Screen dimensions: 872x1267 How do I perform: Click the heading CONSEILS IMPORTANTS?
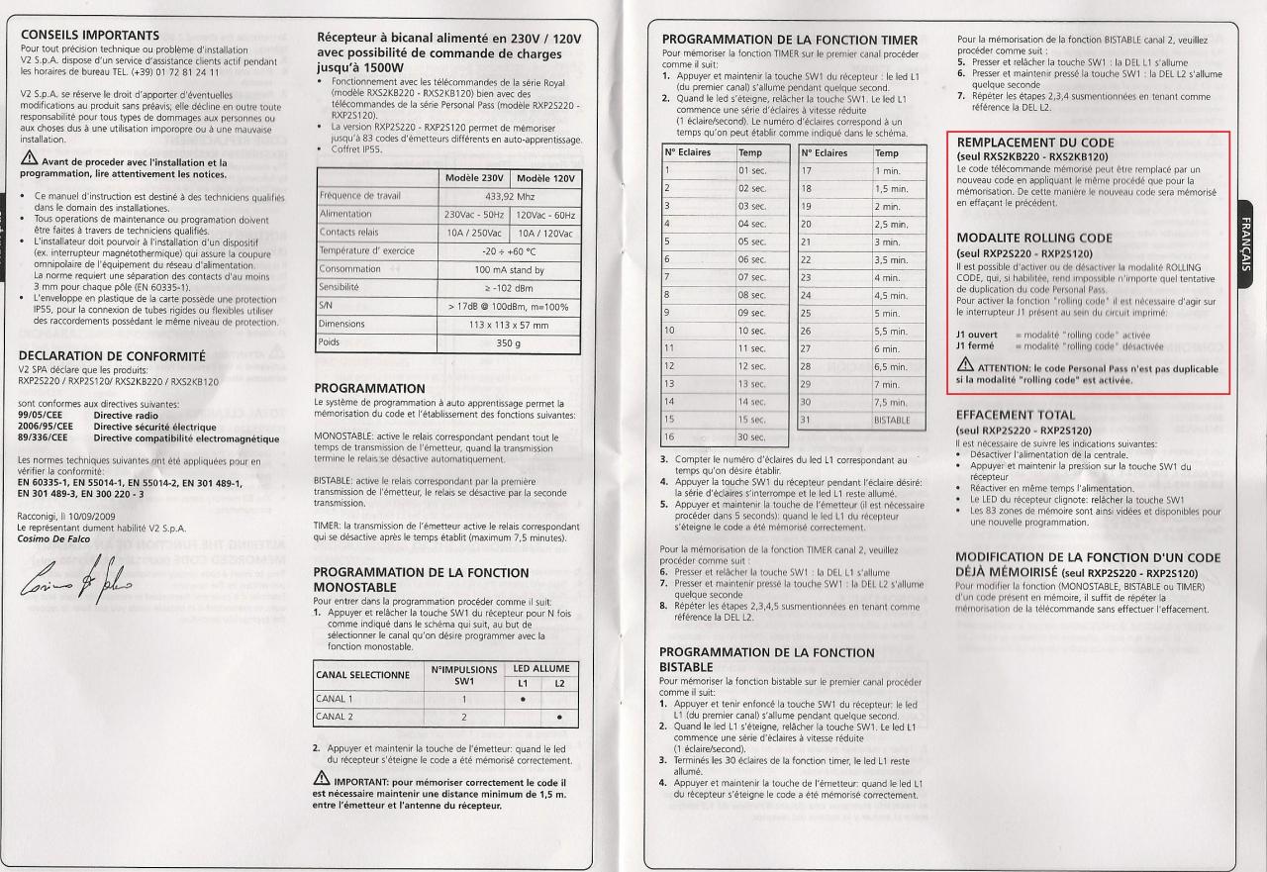click(x=90, y=36)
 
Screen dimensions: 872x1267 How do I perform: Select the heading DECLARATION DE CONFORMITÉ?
click(x=112, y=355)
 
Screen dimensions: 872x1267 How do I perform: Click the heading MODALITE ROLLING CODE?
click(x=1033, y=239)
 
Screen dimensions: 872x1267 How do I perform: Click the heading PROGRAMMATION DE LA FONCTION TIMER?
click(x=789, y=39)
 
